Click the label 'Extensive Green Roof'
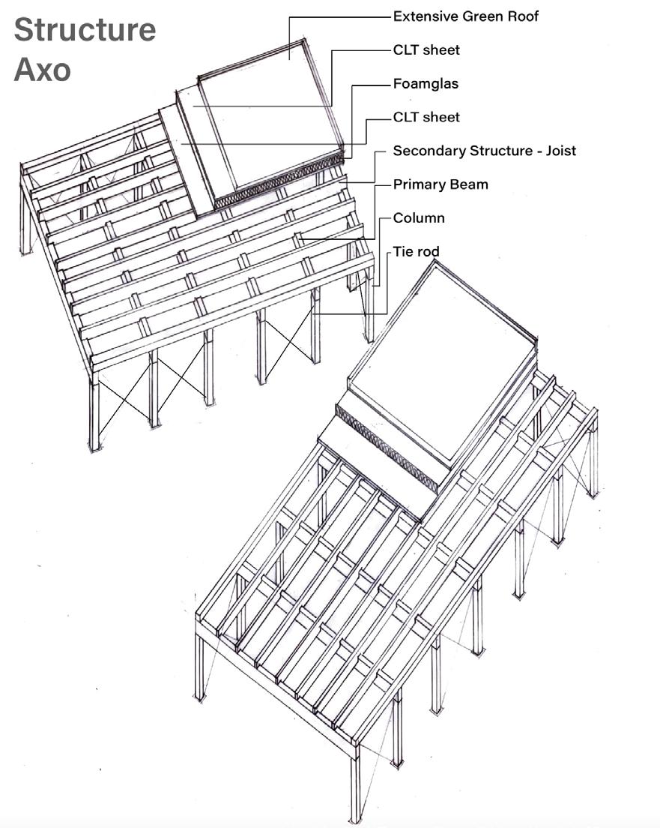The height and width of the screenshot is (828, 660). (465, 16)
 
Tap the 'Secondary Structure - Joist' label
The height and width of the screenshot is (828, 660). (484, 151)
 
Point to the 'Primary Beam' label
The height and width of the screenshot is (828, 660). (440, 184)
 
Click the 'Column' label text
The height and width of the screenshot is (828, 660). (419, 218)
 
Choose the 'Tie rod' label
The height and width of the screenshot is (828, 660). (417, 252)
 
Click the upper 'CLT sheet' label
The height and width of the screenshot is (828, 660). (426, 49)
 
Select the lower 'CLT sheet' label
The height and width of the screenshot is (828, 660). (426, 117)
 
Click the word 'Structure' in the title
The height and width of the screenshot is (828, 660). (85, 30)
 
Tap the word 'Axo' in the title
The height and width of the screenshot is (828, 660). (42, 70)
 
